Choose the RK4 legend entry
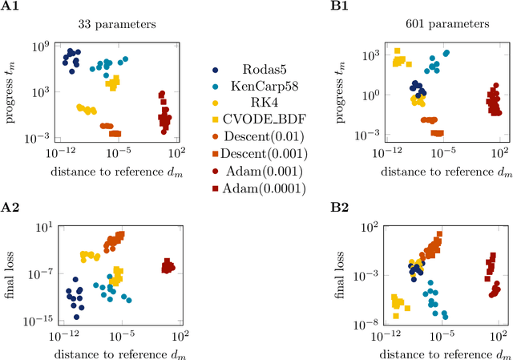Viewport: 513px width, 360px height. (x=243, y=102)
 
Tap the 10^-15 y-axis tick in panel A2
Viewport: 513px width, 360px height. (x=42, y=319)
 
